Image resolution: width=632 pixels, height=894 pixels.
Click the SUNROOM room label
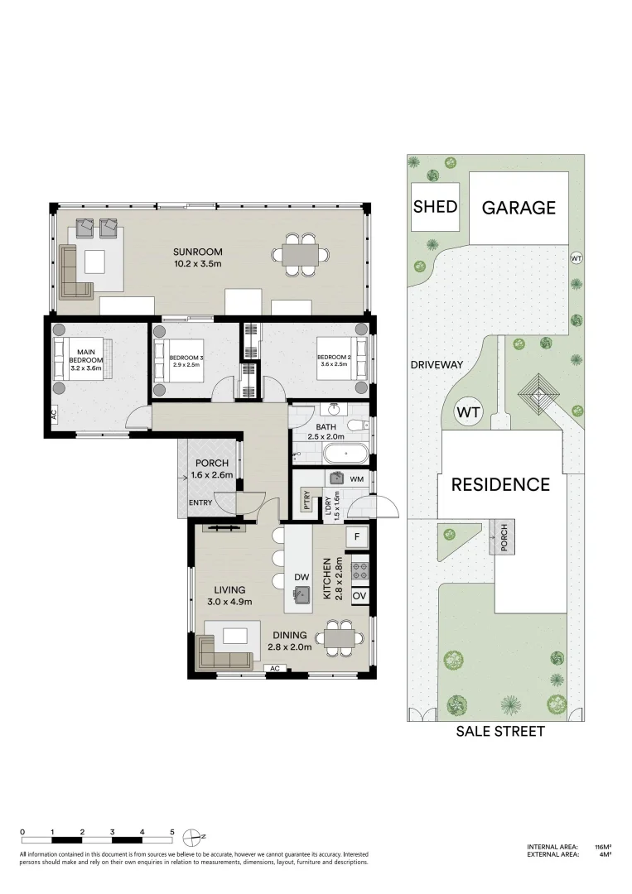[198, 252]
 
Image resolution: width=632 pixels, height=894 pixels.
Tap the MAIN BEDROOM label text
[85, 361]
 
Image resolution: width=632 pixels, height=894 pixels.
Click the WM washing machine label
[357, 478]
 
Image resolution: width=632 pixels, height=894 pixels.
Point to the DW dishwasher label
[302, 577]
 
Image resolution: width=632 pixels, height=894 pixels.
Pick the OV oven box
[359, 596]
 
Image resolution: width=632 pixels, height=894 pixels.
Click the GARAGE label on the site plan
[519, 208]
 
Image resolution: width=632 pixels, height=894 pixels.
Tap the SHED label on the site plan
[435, 205]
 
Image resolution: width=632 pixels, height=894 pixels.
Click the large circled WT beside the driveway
[470, 412]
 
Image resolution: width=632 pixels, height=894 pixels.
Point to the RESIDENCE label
[500, 485]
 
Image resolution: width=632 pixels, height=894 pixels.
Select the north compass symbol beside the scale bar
[193, 835]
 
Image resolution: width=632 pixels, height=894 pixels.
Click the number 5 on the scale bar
[172, 832]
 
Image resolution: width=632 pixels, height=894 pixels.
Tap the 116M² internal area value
[602, 847]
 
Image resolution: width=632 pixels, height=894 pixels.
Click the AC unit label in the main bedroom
[54, 416]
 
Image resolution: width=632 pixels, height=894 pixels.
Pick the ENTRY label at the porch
[200, 502]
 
